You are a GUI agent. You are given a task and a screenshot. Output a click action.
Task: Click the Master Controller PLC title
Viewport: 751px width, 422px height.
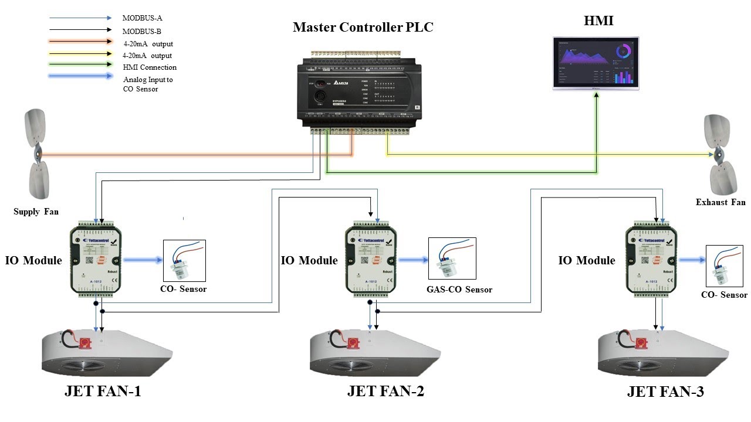point(363,27)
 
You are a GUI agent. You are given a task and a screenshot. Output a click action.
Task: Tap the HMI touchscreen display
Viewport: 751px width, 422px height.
point(596,63)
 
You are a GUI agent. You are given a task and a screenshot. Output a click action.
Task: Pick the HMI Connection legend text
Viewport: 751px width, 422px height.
point(150,67)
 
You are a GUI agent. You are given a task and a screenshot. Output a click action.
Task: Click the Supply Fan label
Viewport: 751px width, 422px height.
point(36,212)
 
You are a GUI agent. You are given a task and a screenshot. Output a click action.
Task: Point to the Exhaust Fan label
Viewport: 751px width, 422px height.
point(720,202)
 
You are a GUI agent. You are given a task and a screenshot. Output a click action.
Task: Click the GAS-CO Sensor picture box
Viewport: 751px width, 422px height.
point(452,258)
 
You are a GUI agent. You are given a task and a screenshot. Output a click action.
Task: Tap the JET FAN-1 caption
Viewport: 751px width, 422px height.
point(103,392)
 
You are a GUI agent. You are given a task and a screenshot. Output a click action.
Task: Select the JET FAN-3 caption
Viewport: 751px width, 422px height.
point(665,392)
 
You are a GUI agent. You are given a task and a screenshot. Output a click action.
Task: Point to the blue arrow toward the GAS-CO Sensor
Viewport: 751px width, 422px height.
point(414,260)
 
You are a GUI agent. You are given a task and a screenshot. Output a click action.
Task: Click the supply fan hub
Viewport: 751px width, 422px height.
point(37,155)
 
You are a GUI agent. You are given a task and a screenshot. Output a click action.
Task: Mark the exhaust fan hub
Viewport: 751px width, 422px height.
point(717,155)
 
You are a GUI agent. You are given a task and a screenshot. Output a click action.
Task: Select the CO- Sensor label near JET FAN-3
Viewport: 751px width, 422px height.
point(724,295)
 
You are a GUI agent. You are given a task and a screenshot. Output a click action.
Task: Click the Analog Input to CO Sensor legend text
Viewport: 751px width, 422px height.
point(148,84)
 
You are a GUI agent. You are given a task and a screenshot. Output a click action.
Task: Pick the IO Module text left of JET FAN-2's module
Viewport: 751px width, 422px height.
point(309,260)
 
